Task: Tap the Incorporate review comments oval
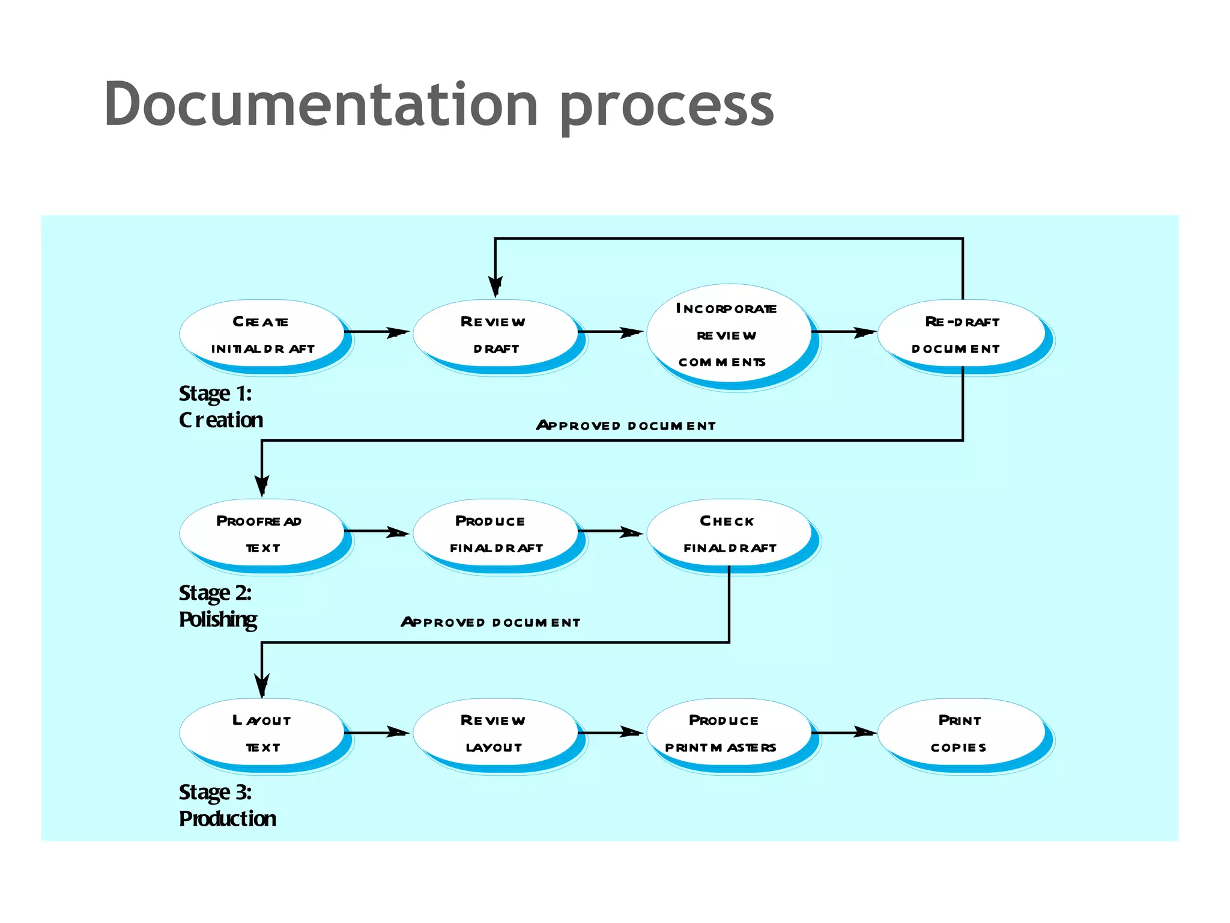point(728,335)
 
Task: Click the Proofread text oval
point(262,534)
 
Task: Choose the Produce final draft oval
point(495,534)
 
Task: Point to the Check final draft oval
point(728,534)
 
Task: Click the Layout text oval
point(262,733)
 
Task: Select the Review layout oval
point(495,733)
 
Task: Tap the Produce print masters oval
point(728,733)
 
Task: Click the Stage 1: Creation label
point(220,407)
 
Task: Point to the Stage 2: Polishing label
point(217,606)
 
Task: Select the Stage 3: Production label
point(227,806)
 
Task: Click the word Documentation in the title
point(321,105)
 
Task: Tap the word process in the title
point(667,107)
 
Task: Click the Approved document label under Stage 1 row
point(626,425)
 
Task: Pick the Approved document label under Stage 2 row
point(491,622)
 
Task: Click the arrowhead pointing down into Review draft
point(495,287)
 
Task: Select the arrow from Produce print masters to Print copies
point(844,733)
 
